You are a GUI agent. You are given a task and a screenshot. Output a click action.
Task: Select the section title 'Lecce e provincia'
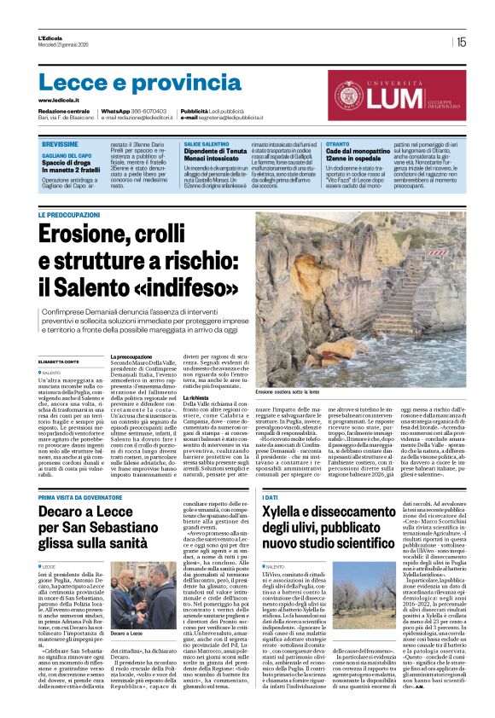coord(127,83)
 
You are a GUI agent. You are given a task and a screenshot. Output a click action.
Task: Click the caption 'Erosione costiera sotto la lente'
coord(289,391)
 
